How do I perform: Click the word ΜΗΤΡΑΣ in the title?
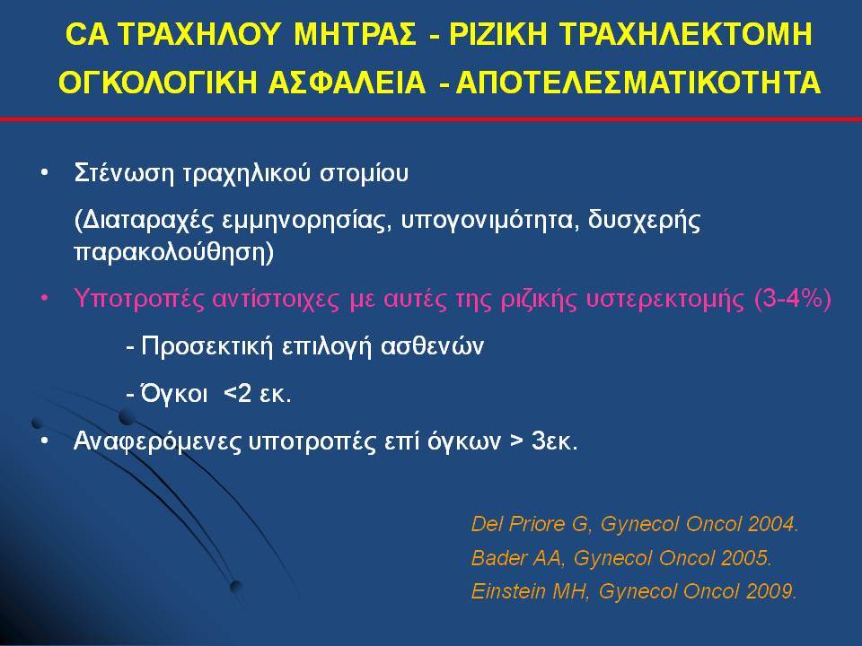click(356, 34)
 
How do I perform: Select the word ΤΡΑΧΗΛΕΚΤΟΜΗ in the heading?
click(686, 34)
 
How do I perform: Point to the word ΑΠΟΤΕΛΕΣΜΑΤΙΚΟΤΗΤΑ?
click(638, 83)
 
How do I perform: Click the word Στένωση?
click(124, 172)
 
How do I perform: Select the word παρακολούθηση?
click(170, 252)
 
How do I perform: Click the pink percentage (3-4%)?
click(793, 300)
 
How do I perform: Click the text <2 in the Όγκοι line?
click(238, 393)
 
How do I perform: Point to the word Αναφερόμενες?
click(157, 441)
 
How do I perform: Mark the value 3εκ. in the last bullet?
click(555, 441)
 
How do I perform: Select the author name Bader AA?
click(517, 557)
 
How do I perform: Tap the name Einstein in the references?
click(506, 591)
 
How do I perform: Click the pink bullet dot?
click(45, 300)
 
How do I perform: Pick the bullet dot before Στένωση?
click(45, 173)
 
